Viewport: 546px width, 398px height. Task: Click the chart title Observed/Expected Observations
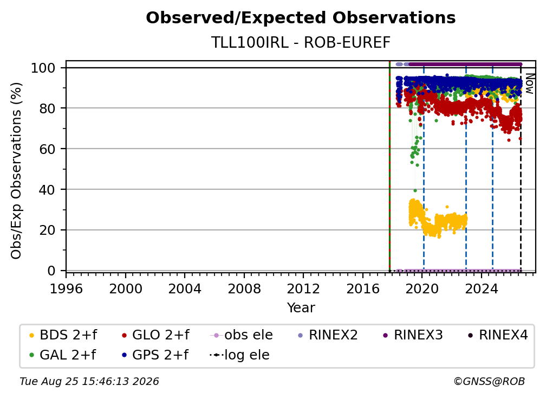coord(301,18)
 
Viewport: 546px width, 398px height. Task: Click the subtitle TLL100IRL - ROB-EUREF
coord(301,43)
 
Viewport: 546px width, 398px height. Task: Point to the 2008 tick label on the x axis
coord(244,289)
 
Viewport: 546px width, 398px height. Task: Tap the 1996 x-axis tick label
coord(66,289)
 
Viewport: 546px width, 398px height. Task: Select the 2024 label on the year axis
coord(481,289)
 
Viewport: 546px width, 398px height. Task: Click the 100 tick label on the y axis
coord(43,68)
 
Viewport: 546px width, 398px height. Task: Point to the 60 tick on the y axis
coord(47,149)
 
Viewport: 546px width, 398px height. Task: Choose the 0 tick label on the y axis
coord(51,271)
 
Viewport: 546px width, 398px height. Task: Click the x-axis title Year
coord(301,308)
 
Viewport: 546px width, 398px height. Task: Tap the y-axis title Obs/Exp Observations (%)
coord(16,171)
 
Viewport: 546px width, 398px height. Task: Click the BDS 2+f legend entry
coord(63,335)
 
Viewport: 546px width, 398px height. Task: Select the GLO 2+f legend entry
coord(155,335)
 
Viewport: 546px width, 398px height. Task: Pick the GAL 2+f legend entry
coord(62,355)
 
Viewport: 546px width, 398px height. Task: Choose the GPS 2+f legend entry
coord(155,355)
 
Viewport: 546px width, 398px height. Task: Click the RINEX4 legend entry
coord(498,335)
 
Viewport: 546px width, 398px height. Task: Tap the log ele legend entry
coord(239,355)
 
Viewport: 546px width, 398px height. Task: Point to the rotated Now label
coord(529,84)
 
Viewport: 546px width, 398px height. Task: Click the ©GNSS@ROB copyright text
coord(489,382)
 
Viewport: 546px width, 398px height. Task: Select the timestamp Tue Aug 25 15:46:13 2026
coord(89,382)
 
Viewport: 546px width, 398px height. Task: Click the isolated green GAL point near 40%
coord(415,191)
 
